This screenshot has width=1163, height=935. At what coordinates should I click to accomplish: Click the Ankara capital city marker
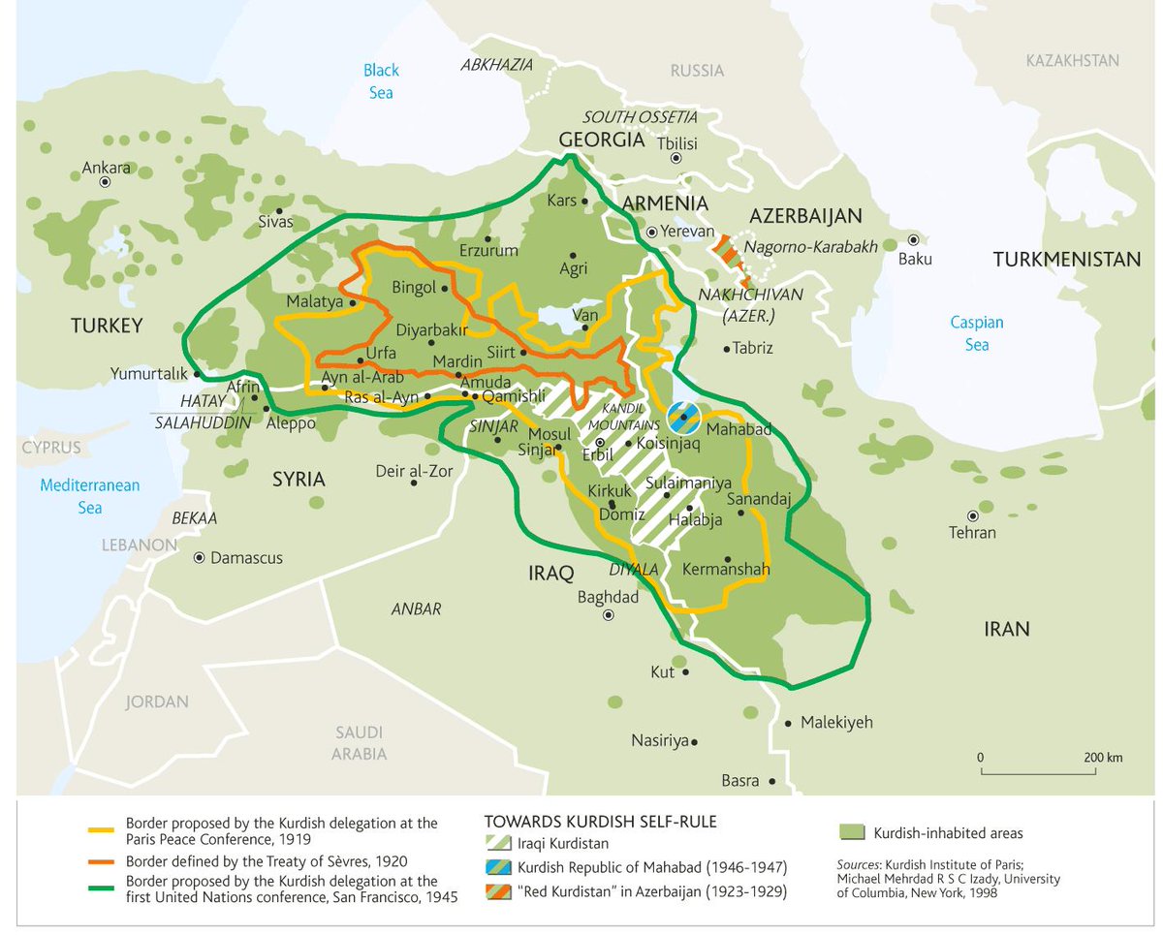[x=106, y=182]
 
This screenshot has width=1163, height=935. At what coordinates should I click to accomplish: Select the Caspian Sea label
[x=976, y=333]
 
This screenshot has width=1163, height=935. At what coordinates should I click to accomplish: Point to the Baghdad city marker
[x=608, y=614]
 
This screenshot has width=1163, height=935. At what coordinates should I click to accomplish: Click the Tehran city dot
[x=972, y=516]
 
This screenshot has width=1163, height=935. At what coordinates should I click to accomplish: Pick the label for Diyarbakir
[x=434, y=328]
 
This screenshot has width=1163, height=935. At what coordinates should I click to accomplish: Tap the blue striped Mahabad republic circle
[x=683, y=417]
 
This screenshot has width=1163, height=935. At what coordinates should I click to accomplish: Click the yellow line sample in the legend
[x=102, y=830]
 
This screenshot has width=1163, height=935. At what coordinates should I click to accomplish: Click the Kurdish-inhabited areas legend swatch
[x=851, y=832]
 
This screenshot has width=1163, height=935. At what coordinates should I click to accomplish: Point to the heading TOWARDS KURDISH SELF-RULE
[x=600, y=822]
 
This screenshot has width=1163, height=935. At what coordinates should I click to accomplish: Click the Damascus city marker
[x=200, y=558]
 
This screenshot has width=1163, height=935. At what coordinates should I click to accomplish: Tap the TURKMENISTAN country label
[x=1066, y=260]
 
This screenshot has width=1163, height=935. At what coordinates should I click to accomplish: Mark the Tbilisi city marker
[x=676, y=158]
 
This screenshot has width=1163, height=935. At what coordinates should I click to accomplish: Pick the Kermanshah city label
[x=726, y=570]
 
